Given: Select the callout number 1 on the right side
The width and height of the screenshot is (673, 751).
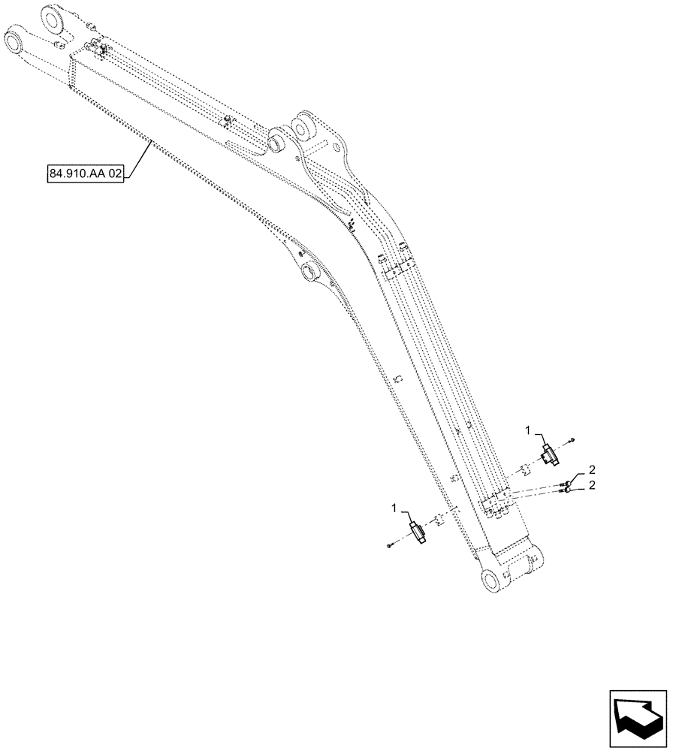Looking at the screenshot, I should click(528, 430).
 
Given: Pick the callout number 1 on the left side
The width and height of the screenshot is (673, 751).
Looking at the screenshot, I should click(394, 508).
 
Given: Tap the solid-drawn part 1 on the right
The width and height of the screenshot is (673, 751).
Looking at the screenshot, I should click(548, 452).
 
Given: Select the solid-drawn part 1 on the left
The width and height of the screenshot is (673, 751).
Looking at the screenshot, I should click(418, 532).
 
